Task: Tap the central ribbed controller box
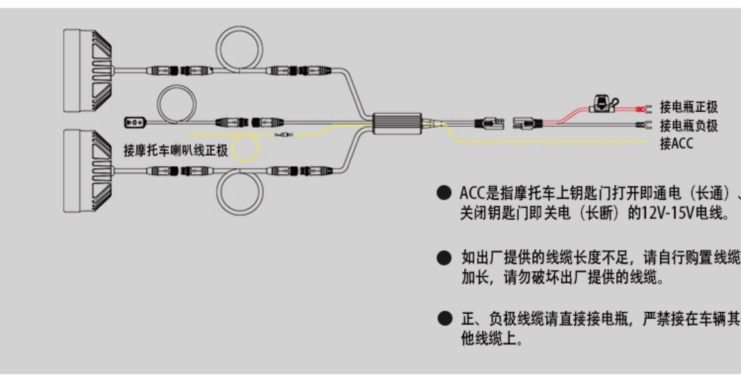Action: click(397, 124)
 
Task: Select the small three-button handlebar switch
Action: click(135, 123)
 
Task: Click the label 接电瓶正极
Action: click(688, 107)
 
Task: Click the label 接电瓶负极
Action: click(688, 126)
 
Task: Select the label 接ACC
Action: click(676, 144)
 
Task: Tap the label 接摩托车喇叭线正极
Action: click(176, 150)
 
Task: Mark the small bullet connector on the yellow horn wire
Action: click(284, 135)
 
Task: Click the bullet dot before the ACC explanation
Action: click(444, 193)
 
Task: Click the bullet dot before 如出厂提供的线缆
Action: click(444, 258)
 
